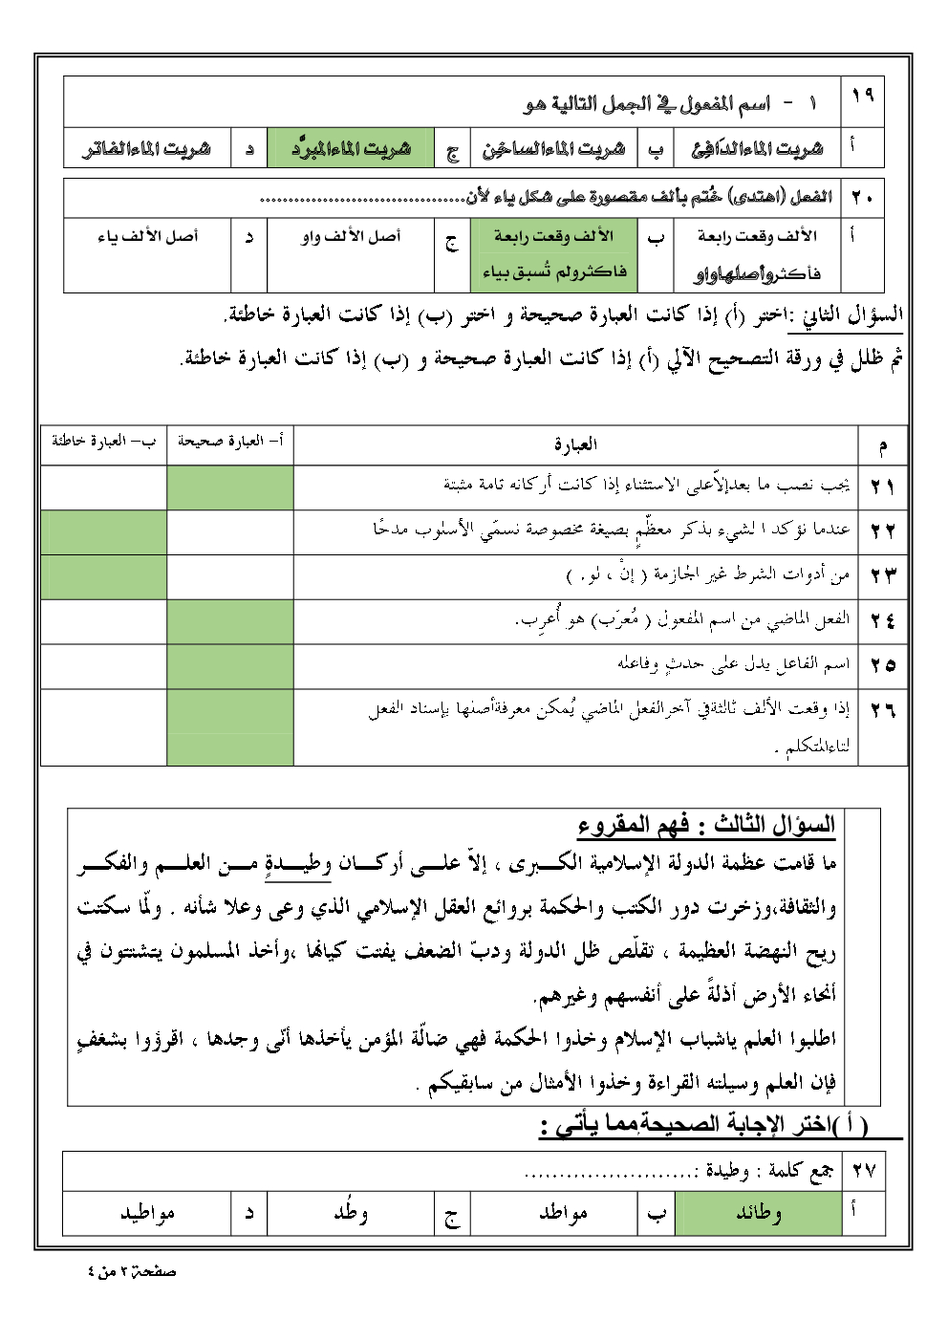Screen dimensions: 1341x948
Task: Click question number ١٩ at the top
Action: (863, 95)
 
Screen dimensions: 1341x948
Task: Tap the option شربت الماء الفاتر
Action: (146, 149)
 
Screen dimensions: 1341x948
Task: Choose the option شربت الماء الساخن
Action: (553, 149)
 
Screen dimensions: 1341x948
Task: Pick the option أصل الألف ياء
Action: (148, 236)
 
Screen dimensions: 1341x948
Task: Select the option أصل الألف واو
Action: (351, 236)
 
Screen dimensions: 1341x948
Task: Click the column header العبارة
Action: (575, 444)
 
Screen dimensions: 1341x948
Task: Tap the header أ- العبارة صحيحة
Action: (229, 442)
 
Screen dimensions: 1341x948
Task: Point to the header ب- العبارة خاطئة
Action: (103, 442)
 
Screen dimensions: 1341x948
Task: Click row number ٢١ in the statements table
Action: (882, 487)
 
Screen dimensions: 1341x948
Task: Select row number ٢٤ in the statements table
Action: (882, 620)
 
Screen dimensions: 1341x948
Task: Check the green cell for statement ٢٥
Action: (229, 665)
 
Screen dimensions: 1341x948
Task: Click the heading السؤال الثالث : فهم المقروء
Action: (706, 824)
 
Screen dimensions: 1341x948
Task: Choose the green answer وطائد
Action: (758, 1213)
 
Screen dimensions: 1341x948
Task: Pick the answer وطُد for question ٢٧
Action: (351, 1213)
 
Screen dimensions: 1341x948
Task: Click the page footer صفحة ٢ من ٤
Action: (132, 1272)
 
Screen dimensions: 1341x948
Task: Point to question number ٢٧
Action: (864, 1170)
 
